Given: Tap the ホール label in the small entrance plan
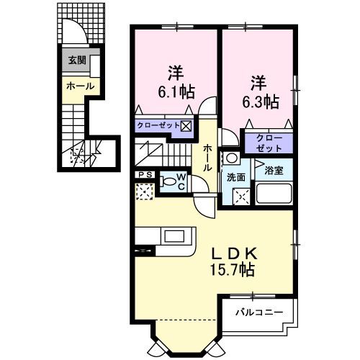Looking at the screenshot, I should [x=79, y=86].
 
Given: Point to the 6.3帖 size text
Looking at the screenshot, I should [x=261, y=102].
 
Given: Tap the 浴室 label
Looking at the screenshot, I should [x=274, y=171].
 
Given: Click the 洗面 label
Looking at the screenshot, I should [x=235, y=176].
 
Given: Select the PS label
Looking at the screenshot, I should [x=143, y=174].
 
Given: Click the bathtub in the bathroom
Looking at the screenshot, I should [x=274, y=194].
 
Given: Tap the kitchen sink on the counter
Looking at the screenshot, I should [x=174, y=235].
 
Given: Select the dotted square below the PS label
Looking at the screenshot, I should [x=143, y=192].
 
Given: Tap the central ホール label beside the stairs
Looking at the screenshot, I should [x=207, y=157].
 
